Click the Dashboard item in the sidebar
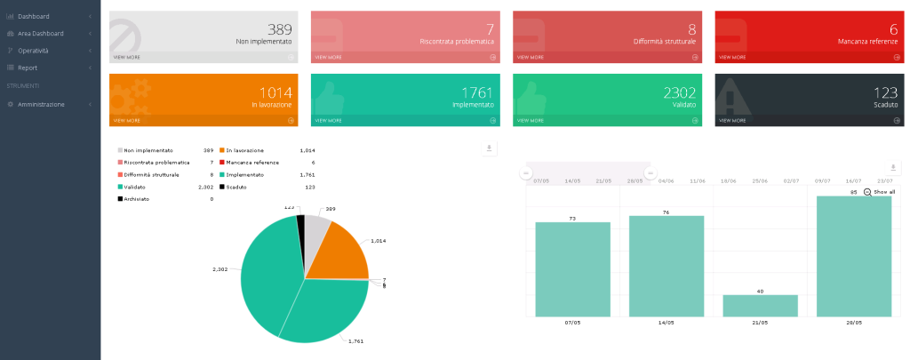pos(33,16)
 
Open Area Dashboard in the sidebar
pos(40,33)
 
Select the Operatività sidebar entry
pos(33,50)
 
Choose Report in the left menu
pos(28,67)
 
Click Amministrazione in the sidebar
pos(41,104)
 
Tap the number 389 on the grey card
pos(280,29)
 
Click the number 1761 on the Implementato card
pos(477,92)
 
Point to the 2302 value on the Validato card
pos(680,92)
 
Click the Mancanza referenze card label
pos(867,41)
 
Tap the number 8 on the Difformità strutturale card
pos(691,29)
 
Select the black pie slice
pos(301,227)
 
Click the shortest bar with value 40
pos(760,305)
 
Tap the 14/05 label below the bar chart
pos(666,322)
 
